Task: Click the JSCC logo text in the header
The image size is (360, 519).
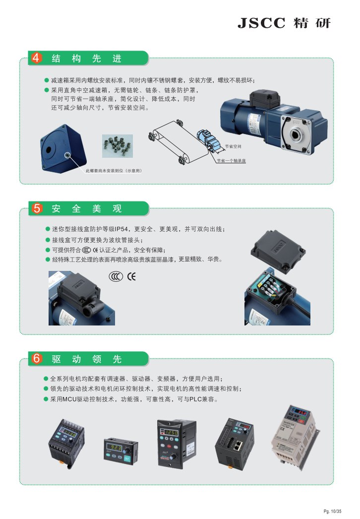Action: tap(261, 23)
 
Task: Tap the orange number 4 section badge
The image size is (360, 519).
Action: tap(36, 58)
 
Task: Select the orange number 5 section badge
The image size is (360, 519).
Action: tap(36, 208)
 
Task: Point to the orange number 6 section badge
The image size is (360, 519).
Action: tap(36, 358)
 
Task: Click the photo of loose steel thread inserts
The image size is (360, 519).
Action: tap(118, 146)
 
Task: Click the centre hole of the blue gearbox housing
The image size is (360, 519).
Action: tap(49, 149)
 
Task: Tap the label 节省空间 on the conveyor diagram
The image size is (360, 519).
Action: tap(233, 146)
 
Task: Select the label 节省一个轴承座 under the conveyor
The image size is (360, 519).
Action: tap(231, 161)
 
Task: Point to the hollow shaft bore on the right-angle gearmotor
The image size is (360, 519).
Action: tap(296, 135)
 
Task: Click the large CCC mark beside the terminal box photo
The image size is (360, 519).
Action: tap(116, 276)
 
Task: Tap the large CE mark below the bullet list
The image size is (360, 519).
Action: tap(131, 276)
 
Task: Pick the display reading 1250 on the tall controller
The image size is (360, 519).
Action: tap(172, 433)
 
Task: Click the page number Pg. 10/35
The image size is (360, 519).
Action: tap(333, 512)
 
